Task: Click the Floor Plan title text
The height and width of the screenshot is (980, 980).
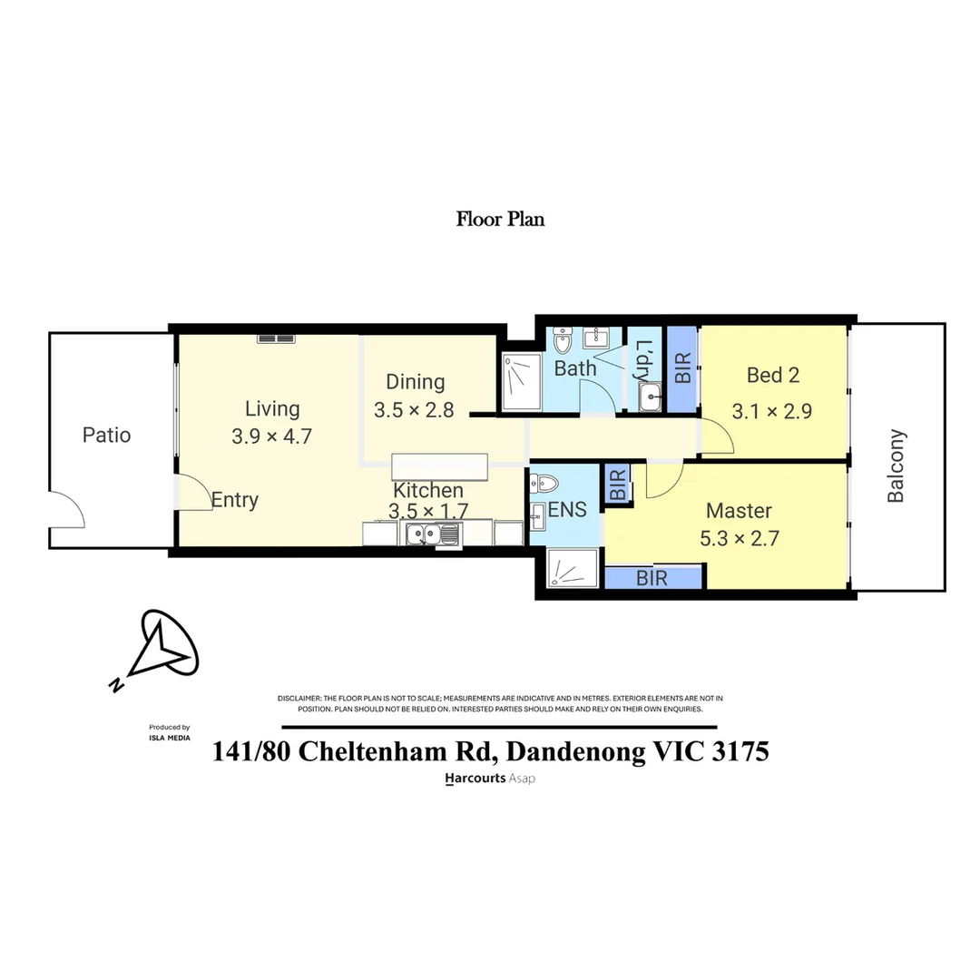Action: coord(500,219)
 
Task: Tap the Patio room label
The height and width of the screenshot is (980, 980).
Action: coord(106,435)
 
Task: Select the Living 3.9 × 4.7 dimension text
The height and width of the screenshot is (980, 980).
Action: coord(271,436)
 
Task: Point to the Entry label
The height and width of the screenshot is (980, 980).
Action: coord(235,500)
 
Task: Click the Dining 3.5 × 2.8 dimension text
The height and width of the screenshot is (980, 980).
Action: coord(413,410)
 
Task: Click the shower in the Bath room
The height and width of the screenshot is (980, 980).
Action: coord(522,382)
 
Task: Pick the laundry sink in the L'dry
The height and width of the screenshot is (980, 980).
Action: coord(649,397)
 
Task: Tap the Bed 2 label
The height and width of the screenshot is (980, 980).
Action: coord(772,375)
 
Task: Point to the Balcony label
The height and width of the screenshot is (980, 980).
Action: coord(897,465)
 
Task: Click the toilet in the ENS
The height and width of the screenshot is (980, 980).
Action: coord(546,485)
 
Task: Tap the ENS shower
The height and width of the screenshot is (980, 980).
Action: coord(572,570)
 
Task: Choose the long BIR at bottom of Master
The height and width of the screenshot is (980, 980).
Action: coord(653,578)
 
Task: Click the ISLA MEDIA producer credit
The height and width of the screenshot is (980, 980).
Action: coord(169,738)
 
